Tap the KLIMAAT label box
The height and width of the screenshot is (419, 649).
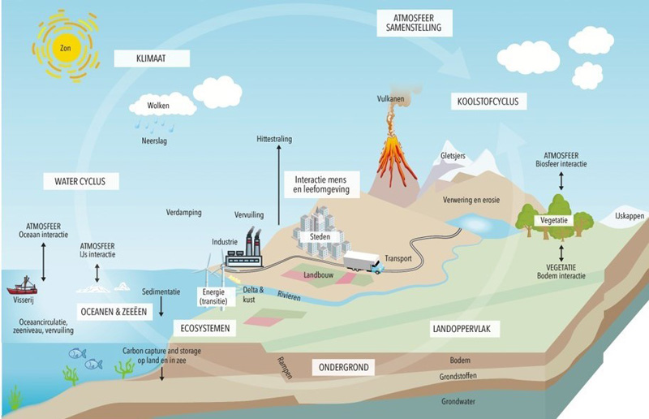click(x=152, y=58)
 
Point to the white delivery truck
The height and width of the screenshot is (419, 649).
click(x=362, y=261)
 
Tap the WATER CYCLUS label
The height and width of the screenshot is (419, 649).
click(x=81, y=180)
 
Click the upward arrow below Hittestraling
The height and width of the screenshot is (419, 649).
click(x=278, y=187)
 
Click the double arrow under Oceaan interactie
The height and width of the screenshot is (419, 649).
click(x=43, y=261)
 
